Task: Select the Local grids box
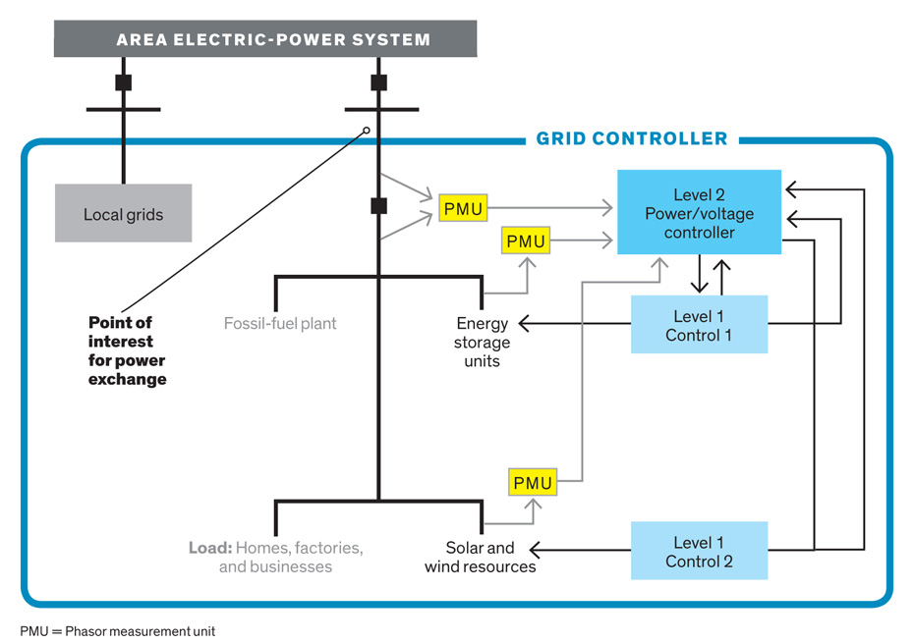[123, 213]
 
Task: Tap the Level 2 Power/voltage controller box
[699, 213]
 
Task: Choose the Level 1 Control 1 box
[699, 325]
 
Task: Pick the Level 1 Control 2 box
[699, 552]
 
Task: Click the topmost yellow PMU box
[463, 208]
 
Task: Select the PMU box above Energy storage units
[526, 241]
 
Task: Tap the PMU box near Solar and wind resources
[534, 483]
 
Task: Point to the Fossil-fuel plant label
[280, 323]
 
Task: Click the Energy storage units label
[483, 342]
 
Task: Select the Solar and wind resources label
[481, 558]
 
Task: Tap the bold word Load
[209, 548]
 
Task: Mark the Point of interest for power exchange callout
[127, 350]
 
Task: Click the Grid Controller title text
[632, 139]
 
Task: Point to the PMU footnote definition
[117, 631]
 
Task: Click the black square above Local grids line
[123, 82]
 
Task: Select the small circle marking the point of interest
[367, 131]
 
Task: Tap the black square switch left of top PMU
[378, 206]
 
